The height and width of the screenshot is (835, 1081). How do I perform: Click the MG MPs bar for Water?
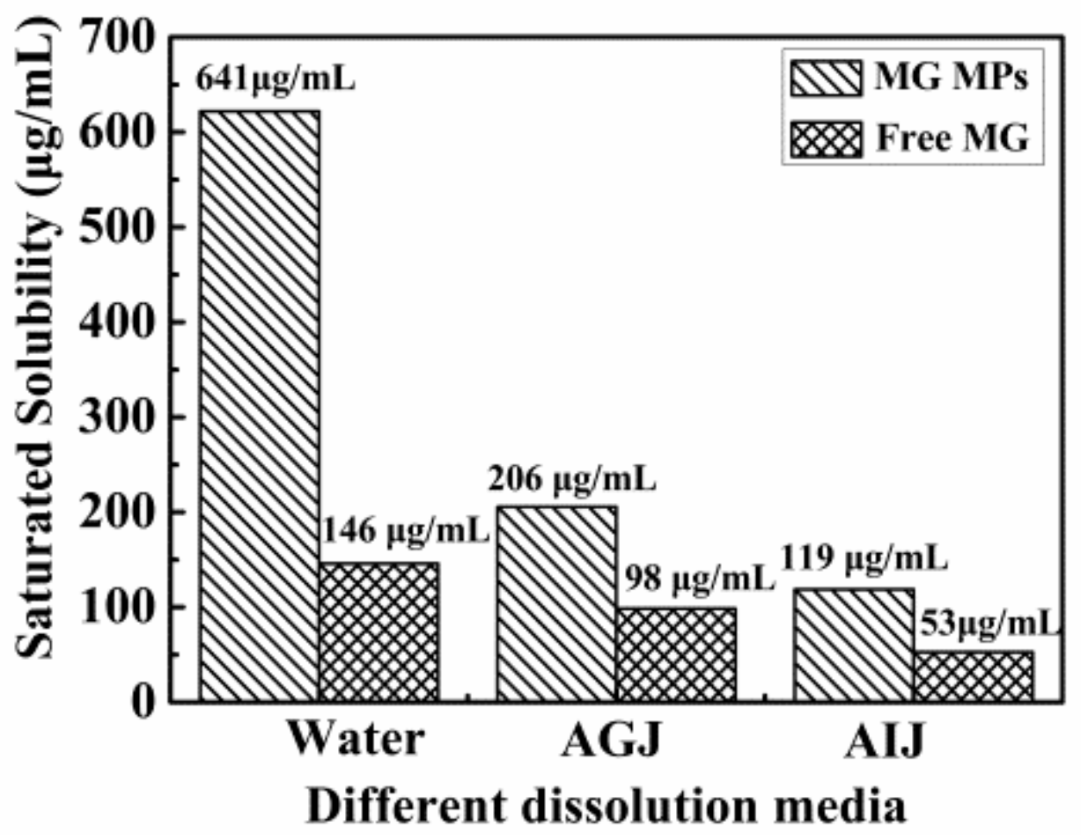pyautogui.click(x=260, y=406)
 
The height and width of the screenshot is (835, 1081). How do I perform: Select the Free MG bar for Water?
pyautogui.click(x=379, y=632)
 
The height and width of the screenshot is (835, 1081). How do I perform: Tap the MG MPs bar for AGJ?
pyautogui.click(x=556, y=603)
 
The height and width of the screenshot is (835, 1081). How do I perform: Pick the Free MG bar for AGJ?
pyautogui.click(x=676, y=654)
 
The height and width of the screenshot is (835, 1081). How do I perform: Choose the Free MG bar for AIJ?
pyautogui.click(x=974, y=676)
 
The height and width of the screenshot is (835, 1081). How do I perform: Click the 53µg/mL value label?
pyautogui.click(x=986, y=624)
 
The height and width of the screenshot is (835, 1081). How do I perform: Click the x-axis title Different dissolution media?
pyautogui.click(x=607, y=804)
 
